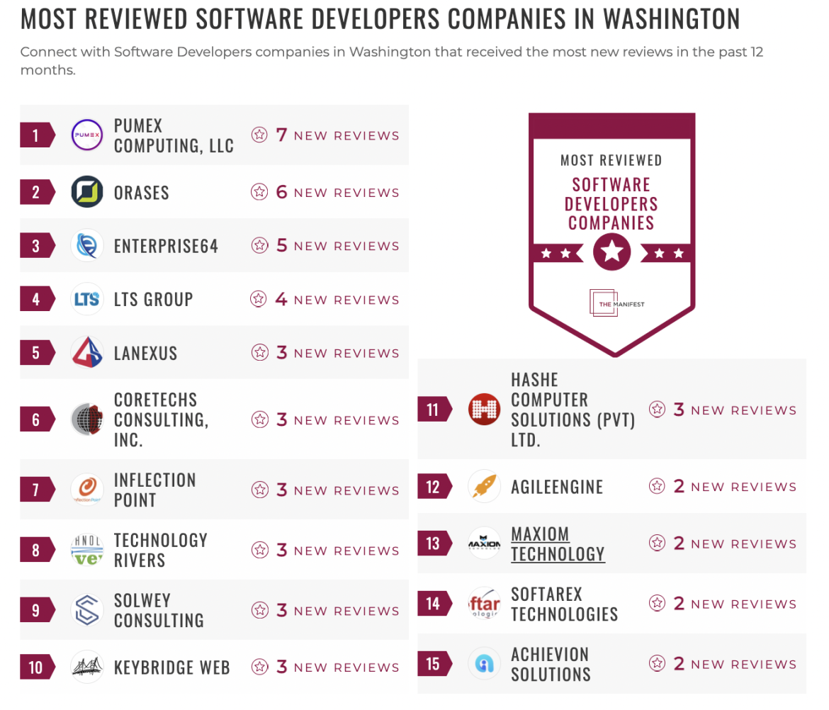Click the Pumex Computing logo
point(88,135)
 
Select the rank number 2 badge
point(36,192)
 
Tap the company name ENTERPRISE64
point(166,247)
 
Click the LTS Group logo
point(88,300)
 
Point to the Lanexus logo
point(88,353)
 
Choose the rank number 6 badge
point(36,419)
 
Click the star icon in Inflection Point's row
point(260,490)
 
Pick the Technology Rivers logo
point(88,551)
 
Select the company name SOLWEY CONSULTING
point(159,610)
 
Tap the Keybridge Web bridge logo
point(88,667)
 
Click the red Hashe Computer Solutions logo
point(485,410)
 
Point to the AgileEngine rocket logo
point(485,487)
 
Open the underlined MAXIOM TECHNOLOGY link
point(558,544)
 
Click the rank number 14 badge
point(433,604)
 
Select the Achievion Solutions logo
point(485,664)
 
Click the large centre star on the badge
point(612,252)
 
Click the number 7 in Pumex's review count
point(281,135)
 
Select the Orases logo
point(88,192)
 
